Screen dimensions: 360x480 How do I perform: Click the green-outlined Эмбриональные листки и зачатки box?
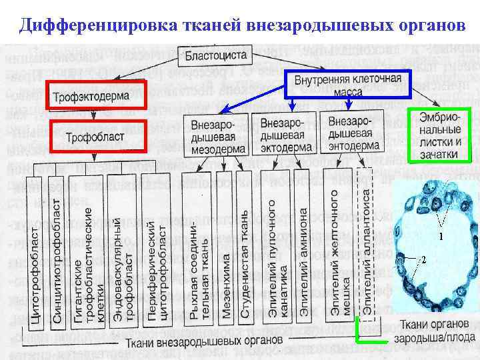click(x=440, y=135)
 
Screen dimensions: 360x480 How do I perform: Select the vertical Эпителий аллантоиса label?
click(x=365, y=243)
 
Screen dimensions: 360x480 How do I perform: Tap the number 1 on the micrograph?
click(x=440, y=236)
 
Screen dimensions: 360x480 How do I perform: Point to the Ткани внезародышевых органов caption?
click(x=202, y=341)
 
